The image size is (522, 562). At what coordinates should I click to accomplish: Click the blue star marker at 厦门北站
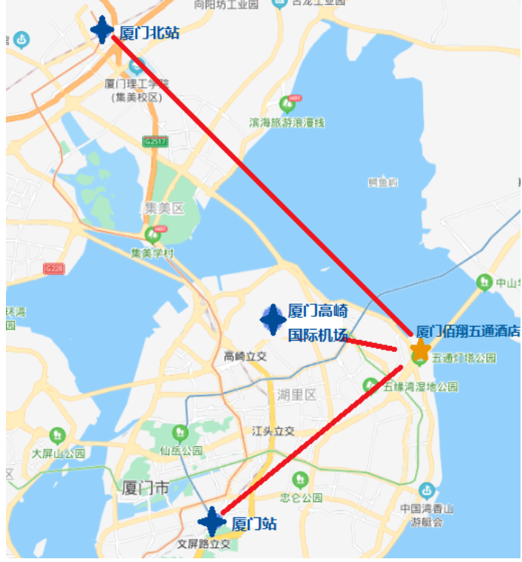click(x=102, y=29)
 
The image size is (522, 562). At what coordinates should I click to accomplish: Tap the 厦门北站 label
click(x=149, y=33)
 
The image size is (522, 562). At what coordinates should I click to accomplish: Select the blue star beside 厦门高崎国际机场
click(x=273, y=318)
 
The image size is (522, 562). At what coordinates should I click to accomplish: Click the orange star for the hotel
click(x=420, y=350)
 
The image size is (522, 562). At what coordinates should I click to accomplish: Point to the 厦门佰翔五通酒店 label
click(x=468, y=331)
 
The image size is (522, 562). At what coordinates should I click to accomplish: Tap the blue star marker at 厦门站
click(x=212, y=522)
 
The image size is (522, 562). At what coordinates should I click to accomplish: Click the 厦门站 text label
click(x=254, y=524)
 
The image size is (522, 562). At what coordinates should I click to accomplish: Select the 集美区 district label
click(x=163, y=209)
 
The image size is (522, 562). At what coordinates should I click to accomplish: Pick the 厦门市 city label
click(x=146, y=488)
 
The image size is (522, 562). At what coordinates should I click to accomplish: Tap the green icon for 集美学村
click(x=154, y=235)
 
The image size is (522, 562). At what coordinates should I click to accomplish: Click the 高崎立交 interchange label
click(x=245, y=357)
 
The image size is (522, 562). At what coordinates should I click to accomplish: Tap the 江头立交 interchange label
click(x=273, y=431)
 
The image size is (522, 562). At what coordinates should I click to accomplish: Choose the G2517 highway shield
click(x=157, y=141)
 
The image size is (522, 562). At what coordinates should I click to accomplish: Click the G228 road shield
click(x=53, y=268)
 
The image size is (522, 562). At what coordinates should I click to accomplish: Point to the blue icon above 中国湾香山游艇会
click(x=426, y=490)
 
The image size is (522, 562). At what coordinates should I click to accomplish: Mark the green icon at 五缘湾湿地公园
click(x=370, y=385)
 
